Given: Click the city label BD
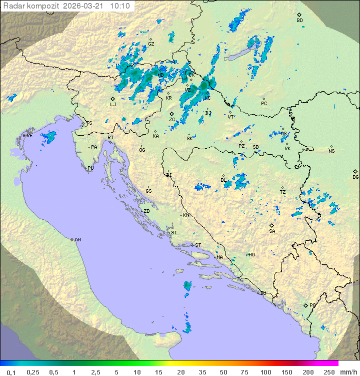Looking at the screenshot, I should point(299,21).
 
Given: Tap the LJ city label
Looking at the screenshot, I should point(113,105).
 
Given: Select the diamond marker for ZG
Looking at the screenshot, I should point(172,114).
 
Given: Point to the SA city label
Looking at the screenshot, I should point(272,231).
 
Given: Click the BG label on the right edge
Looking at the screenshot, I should point(355,177).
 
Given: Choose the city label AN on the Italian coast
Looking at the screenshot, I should point(77,240).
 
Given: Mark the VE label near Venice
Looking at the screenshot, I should point(29,136).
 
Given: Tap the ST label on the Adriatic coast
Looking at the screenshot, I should point(197,245).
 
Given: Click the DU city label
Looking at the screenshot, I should point(262,293).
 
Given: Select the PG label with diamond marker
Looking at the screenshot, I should point(312,305).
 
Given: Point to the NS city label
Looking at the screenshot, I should point(331,151).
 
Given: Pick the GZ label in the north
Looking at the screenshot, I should point(151,44).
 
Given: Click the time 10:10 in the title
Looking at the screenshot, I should point(120,6).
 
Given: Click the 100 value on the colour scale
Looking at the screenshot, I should point(265,372).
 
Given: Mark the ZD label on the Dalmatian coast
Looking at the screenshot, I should point(146,211).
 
